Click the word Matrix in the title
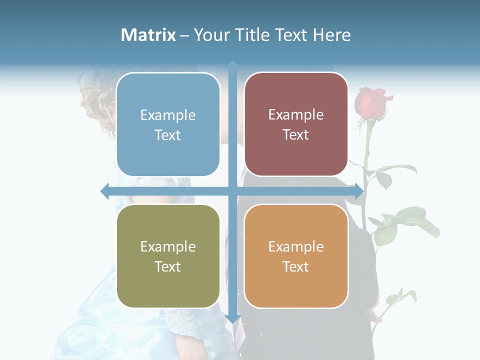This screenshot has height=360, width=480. (x=148, y=35)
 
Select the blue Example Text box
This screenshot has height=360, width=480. (x=168, y=124)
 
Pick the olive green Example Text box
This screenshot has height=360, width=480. (x=168, y=256)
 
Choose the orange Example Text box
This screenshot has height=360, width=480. (x=296, y=256)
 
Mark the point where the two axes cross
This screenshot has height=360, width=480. (x=232, y=191)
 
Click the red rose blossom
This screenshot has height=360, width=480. (x=371, y=101)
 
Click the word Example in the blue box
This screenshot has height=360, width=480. (x=168, y=115)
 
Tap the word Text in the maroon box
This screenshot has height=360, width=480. (x=296, y=134)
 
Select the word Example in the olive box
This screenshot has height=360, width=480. (x=168, y=246)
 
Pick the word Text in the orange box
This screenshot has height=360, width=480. (x=296, y=266)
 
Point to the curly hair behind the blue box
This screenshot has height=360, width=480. (x=98, y=95)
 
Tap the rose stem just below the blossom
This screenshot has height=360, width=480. (x=369, y=130)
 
